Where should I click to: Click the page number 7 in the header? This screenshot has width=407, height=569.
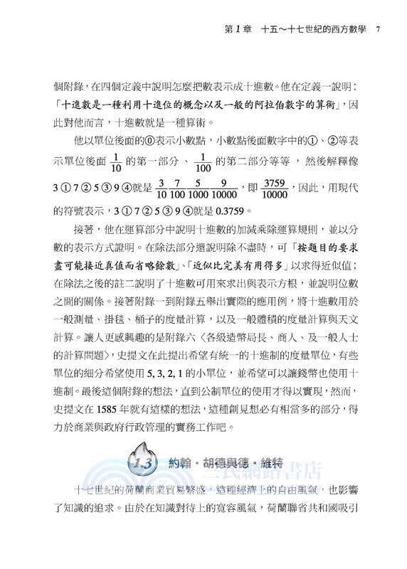pyautogui.click(x=378, y=29)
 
